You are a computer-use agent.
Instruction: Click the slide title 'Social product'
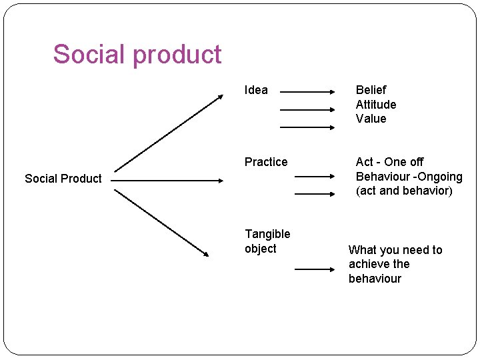[x=137, y=54]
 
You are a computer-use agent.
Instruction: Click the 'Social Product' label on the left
[x=63, y=179]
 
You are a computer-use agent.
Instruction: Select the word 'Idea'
[x=256, y=90]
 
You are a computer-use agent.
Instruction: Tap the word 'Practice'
[x=266, y=162]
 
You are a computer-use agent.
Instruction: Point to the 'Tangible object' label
[x=267, y=241]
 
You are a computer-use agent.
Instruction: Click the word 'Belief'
[x=371, y=90]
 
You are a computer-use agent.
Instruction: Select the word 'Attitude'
[x=376, y=105]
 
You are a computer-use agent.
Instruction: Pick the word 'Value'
[x=371, y=119]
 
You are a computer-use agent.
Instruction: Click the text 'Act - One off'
[x=389, y=162]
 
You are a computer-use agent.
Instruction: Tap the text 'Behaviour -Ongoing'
[x=409, y=177]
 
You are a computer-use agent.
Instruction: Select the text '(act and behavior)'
[x=404, y=191]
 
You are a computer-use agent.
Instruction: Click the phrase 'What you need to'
[x=395, y=250]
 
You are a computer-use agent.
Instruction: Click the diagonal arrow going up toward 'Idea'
[x=169, y=133]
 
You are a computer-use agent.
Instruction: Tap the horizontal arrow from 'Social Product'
[x=167, y=180]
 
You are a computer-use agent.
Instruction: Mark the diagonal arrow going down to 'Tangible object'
[x=162, y=223]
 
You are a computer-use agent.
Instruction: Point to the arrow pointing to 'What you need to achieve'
[x=317, y=269]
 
